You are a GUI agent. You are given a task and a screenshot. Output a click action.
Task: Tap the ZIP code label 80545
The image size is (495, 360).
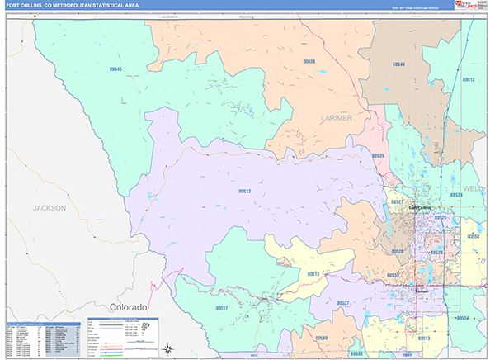tap(115, 69)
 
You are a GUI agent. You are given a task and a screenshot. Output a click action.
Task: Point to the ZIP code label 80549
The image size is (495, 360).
tap(398, 64)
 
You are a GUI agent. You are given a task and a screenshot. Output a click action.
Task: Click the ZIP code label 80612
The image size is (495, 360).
tap(469, 80)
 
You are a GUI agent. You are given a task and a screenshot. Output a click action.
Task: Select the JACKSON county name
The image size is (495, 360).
tap(49, 208)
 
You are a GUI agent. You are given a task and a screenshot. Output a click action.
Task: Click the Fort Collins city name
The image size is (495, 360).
tap(419, 207)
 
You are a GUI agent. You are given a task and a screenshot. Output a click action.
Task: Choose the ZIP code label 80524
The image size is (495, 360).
tap(455, 195)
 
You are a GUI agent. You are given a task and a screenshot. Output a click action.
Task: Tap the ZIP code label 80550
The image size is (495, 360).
tap(474, 236)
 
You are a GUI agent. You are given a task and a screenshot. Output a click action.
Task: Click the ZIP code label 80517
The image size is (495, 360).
tap(222, 307)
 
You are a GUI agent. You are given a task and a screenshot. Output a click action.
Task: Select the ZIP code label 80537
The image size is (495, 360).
tap(344, 303)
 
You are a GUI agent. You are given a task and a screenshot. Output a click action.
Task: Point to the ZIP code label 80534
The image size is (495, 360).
tap(462, 318)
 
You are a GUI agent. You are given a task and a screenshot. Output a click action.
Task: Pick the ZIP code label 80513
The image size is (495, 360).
tap(423, 339)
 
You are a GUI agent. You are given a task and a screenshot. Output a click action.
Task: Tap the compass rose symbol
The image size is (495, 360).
tap(168, 348)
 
